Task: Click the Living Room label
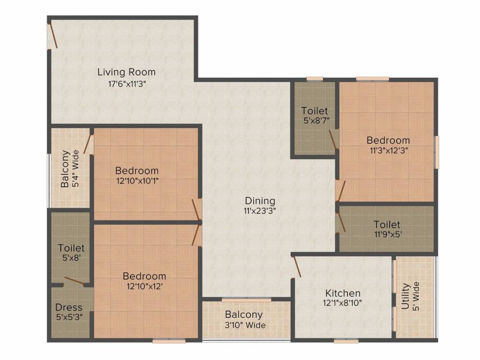point(127,72)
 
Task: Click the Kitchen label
point(343,293)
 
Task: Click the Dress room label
point(69,307)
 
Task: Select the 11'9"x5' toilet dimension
point(387,234)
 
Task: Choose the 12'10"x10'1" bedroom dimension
point(137,180)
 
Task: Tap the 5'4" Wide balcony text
point(75,168)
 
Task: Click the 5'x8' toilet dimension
point(71,257)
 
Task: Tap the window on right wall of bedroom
point(437,151)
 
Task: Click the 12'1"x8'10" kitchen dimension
point(343,303)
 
